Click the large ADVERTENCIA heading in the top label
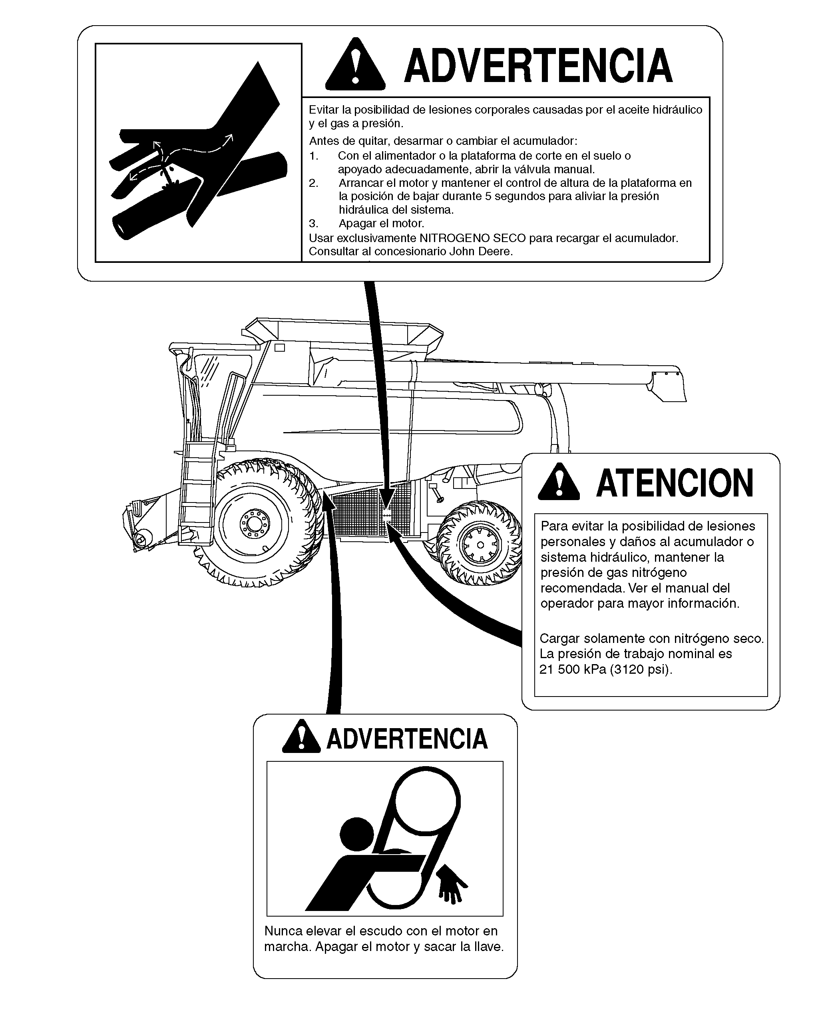pos(538,66)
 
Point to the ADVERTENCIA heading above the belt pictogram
pos(407,739)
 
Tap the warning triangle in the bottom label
pos(301,737)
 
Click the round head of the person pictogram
pos(357,833)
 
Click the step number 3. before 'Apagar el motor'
pos(313,224)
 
